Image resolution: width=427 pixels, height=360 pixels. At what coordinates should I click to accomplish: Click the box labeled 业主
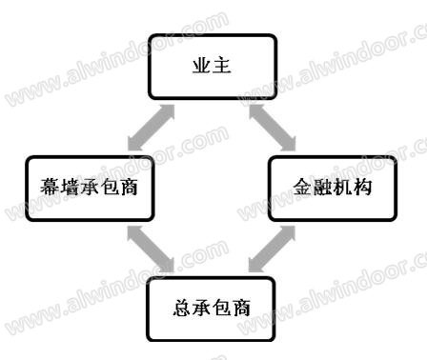click(x=213, y=67)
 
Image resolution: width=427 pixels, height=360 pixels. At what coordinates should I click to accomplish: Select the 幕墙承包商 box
click(x=90, y=188)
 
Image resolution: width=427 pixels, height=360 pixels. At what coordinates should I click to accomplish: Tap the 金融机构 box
click(x=333, y=188)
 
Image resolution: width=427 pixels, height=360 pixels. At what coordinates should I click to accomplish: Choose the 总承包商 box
click(x=211, y=309)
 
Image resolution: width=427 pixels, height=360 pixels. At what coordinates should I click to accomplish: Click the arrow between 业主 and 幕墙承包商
click(x=151, y=128)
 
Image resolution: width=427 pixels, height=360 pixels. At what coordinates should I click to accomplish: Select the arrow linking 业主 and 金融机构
click(x=273, y=128)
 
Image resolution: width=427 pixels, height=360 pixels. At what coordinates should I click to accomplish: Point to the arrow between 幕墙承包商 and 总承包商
click(x=151, y=250)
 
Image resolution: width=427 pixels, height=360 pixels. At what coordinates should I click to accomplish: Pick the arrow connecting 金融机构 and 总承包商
click(x=272, y=250)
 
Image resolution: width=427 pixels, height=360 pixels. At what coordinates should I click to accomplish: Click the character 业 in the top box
click(x=202, y=66)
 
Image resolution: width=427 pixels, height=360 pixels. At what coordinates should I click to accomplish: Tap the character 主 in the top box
click(x=222, y=66)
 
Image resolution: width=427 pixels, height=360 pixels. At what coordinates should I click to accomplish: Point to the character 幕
click(x=50, y=187)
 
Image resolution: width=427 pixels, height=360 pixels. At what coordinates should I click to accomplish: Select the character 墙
click(x=69, y=187)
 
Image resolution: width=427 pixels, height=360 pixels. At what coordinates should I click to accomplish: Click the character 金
click(x=303, y=187)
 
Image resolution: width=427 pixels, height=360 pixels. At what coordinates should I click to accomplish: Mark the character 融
click(x=322, y=187)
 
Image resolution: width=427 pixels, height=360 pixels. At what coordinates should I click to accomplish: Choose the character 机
click(x=342, y=187)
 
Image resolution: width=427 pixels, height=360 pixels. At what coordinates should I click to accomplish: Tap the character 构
click(x=362, y=187)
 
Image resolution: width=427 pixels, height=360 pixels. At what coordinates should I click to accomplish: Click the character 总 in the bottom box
click(x=182, y=308)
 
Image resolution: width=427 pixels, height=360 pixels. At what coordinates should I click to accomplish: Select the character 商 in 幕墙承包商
click(x=129, y=187)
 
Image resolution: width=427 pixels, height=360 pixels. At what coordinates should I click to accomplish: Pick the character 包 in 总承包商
click(x=221, y=308)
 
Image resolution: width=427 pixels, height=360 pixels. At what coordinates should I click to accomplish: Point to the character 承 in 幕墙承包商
click(x=89, y=187)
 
